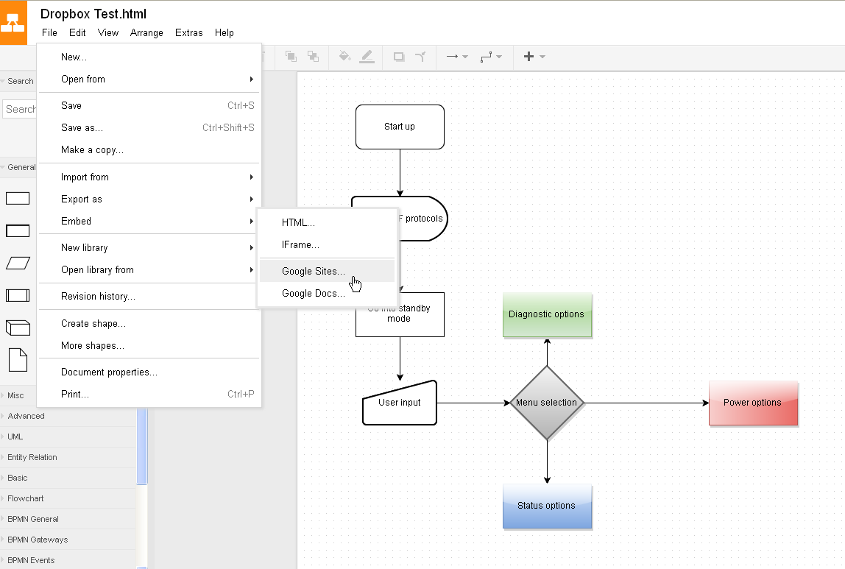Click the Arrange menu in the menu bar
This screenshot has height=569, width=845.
pyautogui.click(x=146, y=33)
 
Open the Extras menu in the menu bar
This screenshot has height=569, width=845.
pyautogui.click(x=188, y=33)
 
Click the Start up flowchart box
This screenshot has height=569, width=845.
pyautogui.click(x=400, y=127)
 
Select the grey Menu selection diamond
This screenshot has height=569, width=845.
pyautogui.click(x=547, y=403)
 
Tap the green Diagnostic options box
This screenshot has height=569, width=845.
pyautogui.click(x=547, y=315)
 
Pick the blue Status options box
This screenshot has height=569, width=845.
pyautogui.click(x=547, y=506)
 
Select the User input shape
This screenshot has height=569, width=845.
pyautogui.click(x=400, y=403)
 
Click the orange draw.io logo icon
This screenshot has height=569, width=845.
pyautogui.click(x=13, y=23)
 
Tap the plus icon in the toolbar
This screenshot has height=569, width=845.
pyautogui.click(x=528, y=57)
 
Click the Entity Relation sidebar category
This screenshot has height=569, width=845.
pyautogui.click(x=32, y=457)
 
